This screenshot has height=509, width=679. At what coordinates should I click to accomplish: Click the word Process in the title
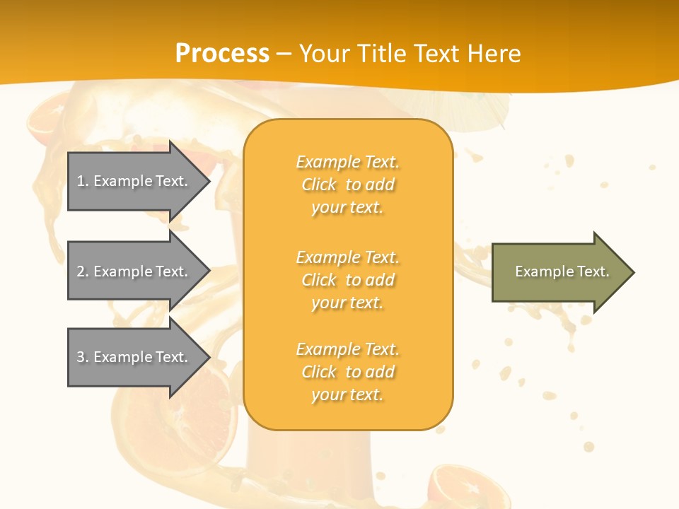[222, 54]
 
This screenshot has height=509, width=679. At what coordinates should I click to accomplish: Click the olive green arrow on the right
[559, 272]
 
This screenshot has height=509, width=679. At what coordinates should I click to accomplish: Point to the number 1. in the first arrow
[83, 181]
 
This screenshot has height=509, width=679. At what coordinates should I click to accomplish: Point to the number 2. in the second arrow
[83, 271]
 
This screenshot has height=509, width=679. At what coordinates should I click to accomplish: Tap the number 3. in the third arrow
[83, 357]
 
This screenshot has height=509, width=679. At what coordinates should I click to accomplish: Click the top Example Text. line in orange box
[347, 162]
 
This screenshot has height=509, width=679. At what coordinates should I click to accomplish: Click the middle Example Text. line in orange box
[347, 257]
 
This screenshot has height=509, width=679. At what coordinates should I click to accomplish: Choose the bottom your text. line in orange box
[347, 394]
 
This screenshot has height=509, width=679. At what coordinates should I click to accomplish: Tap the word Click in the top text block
[319, 185]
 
